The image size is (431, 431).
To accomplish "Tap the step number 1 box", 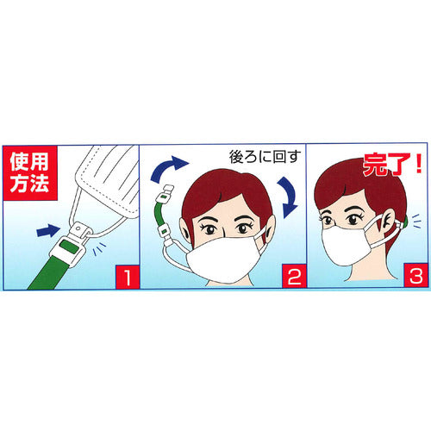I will [127, 278].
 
